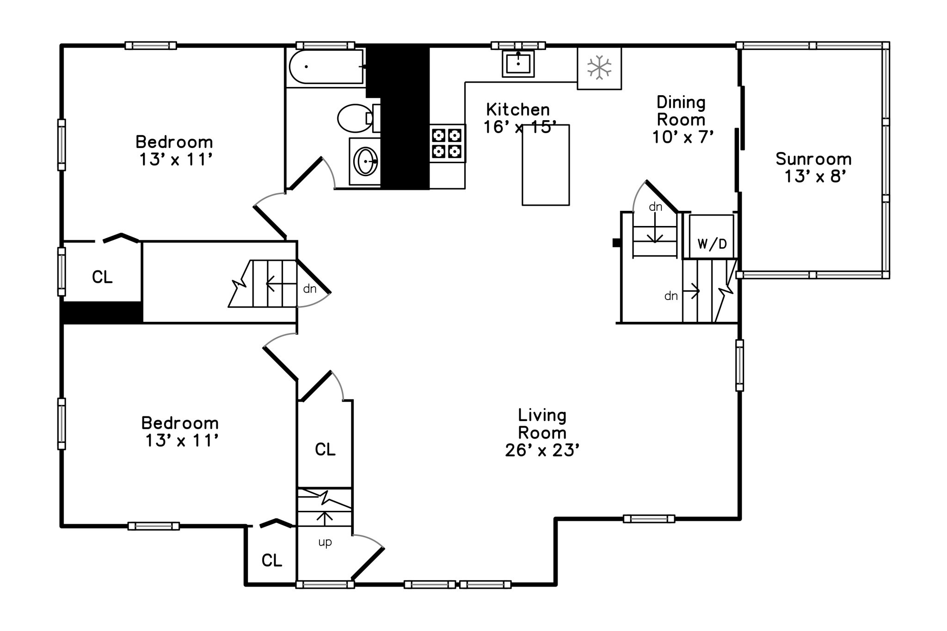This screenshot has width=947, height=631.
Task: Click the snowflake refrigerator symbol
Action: pos(599,67)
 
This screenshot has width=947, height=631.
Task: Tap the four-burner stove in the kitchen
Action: pos(447,143)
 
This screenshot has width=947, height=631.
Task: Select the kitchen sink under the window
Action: pos(518,63)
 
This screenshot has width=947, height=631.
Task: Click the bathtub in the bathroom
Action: pos(326,67)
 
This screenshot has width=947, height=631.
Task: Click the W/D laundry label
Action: pos(712,244)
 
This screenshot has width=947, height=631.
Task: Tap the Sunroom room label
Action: pos(814,159)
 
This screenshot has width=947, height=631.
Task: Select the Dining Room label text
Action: pos(681,111)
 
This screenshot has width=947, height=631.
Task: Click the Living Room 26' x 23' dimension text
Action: pos(542,450)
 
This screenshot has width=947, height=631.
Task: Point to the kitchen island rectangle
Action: pos(546,165)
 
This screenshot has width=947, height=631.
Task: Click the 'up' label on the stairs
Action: pos(325,542)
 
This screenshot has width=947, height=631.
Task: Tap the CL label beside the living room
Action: pos(325,449)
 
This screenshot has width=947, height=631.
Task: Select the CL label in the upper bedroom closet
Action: pos(102,277)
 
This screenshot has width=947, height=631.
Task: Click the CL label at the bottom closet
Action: pos(272,560)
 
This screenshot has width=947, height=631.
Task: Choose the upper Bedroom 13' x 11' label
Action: pos(174,150)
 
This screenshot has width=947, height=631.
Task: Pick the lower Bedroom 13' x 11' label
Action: pos(180,432)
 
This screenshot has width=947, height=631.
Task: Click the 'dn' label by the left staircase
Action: pos(310,289)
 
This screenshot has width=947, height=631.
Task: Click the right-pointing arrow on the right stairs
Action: pos(691,291)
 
